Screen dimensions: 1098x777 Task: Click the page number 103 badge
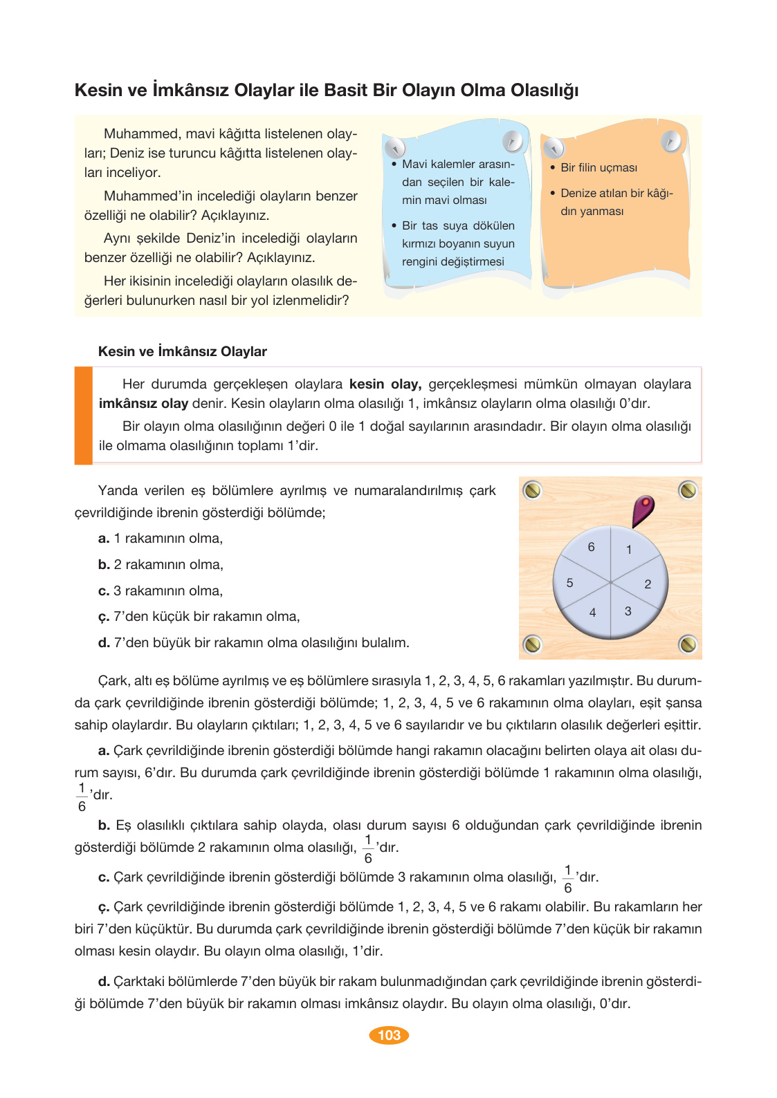click(x=389, y=1035)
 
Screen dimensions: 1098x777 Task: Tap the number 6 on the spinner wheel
click(x=591, y=547)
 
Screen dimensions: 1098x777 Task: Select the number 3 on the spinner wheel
click(x=628, y=611)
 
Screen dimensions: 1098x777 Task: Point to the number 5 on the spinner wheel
click(x=569, y=583)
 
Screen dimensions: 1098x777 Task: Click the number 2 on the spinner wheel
click(x=648, y=584)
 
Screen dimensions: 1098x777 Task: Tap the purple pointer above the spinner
click(x=643, y=511)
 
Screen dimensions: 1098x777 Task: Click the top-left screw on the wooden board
click(x=532, y=490)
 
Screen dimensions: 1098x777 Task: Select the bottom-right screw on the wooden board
click(x=688, y=644)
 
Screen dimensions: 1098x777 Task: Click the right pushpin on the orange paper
click(x=670, y=142)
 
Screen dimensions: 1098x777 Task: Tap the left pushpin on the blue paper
click(x=394, y=147)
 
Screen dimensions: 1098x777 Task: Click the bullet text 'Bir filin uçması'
click(x=598, y=168)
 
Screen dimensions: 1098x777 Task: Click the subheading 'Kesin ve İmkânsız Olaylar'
click(x=182, y=351)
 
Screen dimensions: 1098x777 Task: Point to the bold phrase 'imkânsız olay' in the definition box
click(x=143, y=404)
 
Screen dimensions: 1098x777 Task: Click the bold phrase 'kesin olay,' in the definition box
click(x=385, y=384)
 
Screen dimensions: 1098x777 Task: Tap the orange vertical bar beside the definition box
click(x=84, y=415)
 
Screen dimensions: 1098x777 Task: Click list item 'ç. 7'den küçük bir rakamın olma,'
click(x=199, y=617)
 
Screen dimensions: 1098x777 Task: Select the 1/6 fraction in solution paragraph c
click(x=567, y=879)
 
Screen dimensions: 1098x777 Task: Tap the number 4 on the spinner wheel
click(x=592, y=613)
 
